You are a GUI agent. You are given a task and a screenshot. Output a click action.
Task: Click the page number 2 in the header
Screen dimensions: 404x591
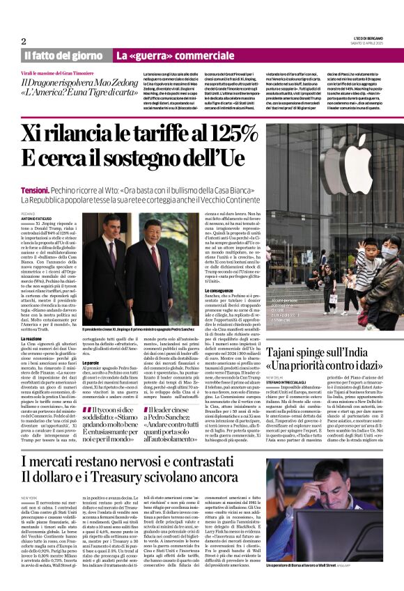click(x=23, y=41)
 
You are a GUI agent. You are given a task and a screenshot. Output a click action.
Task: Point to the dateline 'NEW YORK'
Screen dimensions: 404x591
click(x=29, y=498)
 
